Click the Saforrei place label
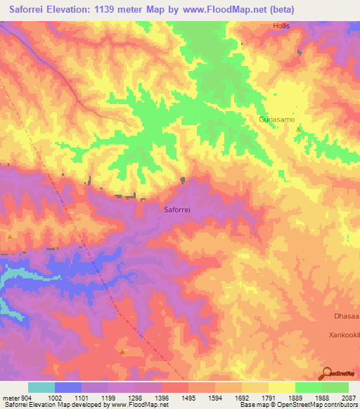tap(178, 209)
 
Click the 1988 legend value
tap(321, 397)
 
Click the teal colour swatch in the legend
tap(41, 387)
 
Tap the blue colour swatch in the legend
tap(68, 387)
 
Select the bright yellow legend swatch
tap(282, 387)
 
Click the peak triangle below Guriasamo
tap(299, 129)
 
